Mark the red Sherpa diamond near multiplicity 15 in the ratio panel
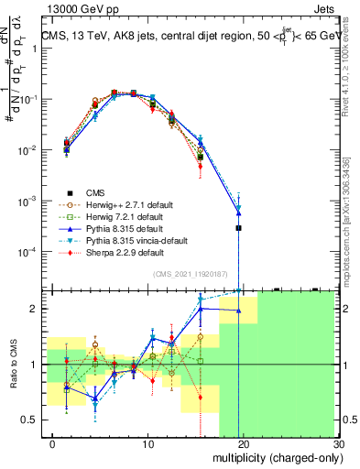pyautogui.click(x=200, y=397)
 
